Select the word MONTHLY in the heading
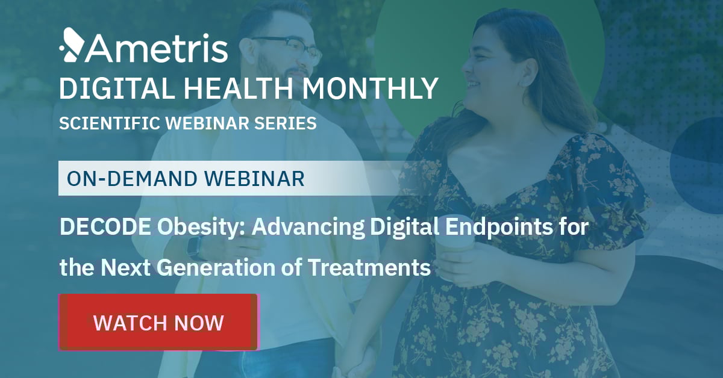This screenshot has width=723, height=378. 370,88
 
